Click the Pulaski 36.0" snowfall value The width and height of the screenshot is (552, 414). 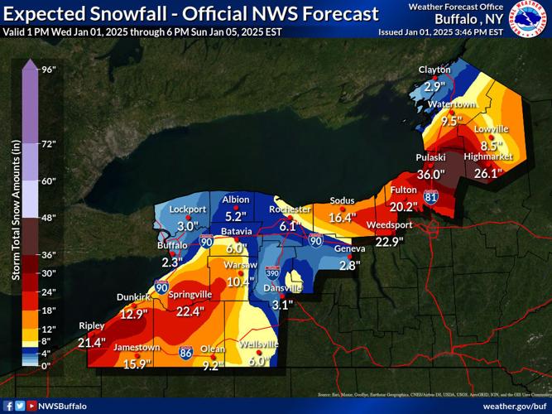pyautogui.click(x=430, y=175)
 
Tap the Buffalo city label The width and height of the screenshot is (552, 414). pyautogui.click(x=173, y=246)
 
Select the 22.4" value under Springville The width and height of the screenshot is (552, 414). pyautogui.click(x=190, y=311)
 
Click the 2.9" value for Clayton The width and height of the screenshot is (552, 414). pyautogui.click(x=434, y=86)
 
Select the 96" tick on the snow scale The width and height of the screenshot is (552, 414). pyautogui.click(x=47, y=70)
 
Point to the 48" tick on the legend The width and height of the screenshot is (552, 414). pyautogui.click(x=47, y=218)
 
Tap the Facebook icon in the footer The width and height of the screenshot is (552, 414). pyautogui.click(x=7, y=406)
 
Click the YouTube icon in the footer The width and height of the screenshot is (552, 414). pyautogui.click(x=31, y=406)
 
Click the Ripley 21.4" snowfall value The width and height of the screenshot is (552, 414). pyautogui.click(x=92, y=342)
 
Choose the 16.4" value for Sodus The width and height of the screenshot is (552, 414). pyautogui.click(x=342, y=218)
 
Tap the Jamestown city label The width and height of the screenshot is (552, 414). pyautogui.click(x=137, y=347)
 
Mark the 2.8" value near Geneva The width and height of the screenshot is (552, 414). pyautogui.click(x=349, y=265)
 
